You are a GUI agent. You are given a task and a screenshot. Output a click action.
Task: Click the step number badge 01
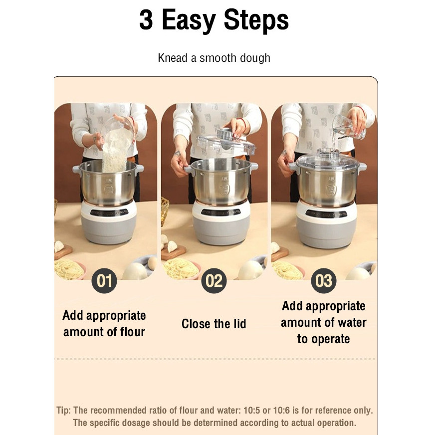(x=104, y=281)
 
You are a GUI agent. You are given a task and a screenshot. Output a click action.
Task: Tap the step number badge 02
(x=214, y=281)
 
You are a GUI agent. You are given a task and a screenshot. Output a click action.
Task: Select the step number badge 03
(x=324, y=281)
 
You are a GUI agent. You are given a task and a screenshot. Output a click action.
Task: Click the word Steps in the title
(x=256, y=20)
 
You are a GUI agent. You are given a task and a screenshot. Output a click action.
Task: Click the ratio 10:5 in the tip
(x=251, y=410)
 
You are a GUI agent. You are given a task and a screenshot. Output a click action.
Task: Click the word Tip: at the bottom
(x=64, y=411)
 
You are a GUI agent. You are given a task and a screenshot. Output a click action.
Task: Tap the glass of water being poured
(x=348, y=127)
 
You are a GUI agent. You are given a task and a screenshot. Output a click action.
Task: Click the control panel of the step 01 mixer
(x=109, y=213)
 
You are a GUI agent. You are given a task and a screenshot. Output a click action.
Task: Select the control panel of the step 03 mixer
(x=326, y=214)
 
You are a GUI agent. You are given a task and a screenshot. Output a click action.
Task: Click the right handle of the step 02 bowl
(x=254, y=167)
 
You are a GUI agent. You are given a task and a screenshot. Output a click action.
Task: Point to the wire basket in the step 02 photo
(x=165, y=211)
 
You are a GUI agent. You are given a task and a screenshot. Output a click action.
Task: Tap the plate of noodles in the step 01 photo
(x=70, y=268)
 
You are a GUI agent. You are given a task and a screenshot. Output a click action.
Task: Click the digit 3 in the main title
(x=146, y=19)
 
